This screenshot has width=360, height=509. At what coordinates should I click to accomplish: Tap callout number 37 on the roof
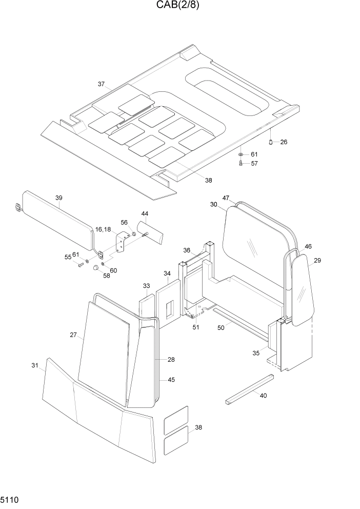point(101,84)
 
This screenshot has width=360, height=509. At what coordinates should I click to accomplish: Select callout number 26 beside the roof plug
point(284,142)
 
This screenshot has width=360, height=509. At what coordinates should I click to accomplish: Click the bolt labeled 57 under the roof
point(241,163)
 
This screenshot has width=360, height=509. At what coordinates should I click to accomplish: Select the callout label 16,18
point(103,229)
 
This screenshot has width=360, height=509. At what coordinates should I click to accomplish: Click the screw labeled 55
point(80,264)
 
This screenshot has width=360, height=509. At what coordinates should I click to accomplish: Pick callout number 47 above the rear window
point(226,198)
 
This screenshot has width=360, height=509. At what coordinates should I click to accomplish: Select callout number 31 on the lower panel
point(35,365)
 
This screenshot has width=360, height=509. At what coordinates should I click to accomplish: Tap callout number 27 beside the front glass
point(73,335)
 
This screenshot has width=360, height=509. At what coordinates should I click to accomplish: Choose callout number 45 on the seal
point(171,380)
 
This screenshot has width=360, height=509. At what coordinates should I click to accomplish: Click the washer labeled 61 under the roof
point(241,154)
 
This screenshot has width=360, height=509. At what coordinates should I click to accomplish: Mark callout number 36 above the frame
point(187,250)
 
